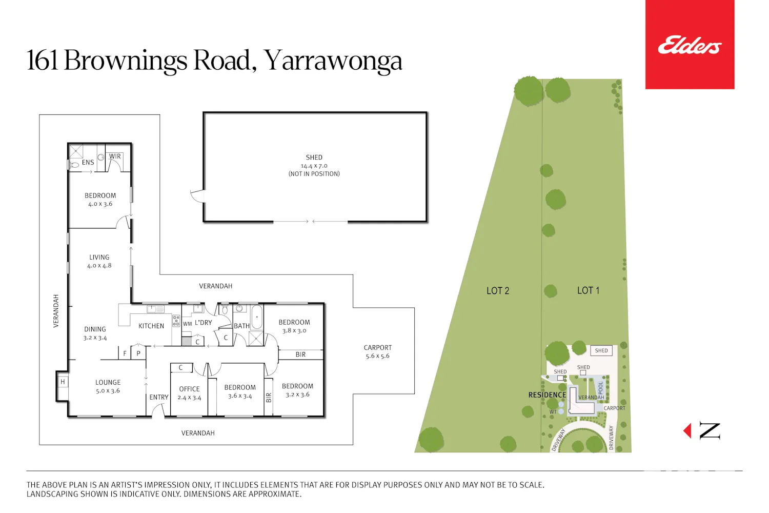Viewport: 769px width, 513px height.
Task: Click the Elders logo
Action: pos(690,45)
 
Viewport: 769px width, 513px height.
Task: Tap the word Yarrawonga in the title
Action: pos(333,61)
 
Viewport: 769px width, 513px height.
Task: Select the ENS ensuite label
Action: pos(88,162)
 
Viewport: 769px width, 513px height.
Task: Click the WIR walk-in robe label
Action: pos(115,156)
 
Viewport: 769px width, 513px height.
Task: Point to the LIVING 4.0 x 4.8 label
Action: pos(99,261)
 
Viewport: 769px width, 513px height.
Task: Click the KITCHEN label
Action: pos(151,326)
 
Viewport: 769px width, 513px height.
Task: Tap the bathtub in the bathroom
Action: pos(257,317)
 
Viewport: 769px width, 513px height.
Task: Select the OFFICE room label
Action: pos(189,389)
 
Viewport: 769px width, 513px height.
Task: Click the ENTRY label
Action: pos(159,397)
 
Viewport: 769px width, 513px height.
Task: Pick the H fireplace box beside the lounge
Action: pos(63,382)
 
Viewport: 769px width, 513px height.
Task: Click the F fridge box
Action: pos(125,353)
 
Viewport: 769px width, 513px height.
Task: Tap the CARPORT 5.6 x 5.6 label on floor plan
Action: pos(378,351)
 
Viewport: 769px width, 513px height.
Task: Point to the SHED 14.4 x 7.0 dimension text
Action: pos(314,166)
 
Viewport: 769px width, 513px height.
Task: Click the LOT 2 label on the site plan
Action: pos(498,291)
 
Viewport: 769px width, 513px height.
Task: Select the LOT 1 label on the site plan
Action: pos(588,290)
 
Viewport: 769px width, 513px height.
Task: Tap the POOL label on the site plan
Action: pos(601,388)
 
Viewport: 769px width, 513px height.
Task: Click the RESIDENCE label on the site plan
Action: pos(547,395)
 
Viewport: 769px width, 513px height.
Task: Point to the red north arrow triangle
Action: pos(687,431)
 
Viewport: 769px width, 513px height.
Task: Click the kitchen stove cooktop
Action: pos(176,321)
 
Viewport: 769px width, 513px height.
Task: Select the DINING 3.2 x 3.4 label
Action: pos(95,333)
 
